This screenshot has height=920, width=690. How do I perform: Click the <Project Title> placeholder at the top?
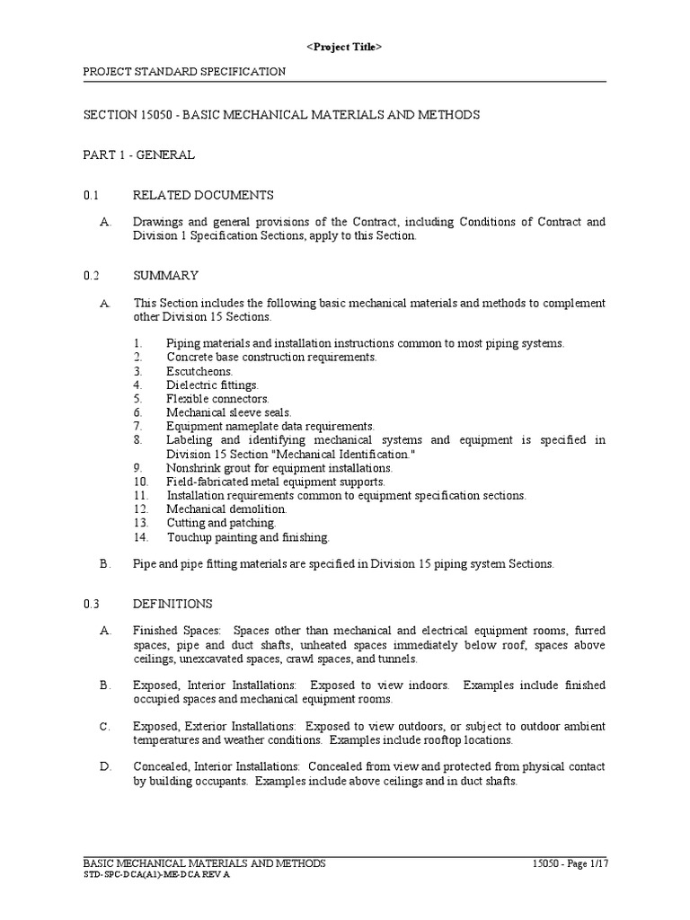coord(345,47)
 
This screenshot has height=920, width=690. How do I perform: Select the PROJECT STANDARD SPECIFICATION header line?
coord(184,71)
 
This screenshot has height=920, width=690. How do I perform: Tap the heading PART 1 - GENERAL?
coord(139,155)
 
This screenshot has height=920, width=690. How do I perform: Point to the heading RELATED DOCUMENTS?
coord(203,195)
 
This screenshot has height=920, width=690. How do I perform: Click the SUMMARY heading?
coord(165,275)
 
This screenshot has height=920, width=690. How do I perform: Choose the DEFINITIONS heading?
coord(172,604)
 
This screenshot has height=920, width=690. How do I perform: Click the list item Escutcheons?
coord(199,371)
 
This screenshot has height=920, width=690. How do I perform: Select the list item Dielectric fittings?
coord(211,385)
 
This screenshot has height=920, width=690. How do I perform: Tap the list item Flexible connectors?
coord(217,398)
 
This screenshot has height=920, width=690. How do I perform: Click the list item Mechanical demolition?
coord(226,509)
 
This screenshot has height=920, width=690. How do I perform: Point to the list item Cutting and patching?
coord(221,523)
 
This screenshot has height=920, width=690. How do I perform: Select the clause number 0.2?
coord(90,275)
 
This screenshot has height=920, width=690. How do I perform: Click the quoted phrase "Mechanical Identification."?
coord(317,455)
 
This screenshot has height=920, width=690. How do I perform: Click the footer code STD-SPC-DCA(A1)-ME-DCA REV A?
coord(156,874)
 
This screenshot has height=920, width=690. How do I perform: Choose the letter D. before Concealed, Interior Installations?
coord(104,766)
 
